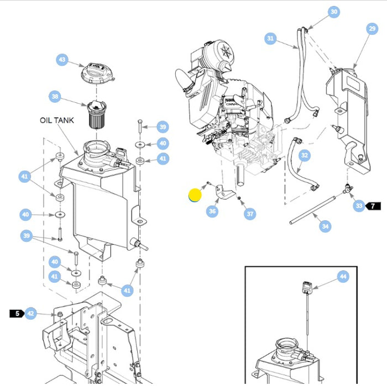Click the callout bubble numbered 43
62,60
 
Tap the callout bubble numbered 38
54,96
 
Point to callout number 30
333,12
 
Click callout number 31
270,39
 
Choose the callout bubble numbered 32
305,156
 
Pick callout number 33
359,206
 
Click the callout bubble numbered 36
212,211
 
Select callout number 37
250,214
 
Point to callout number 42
30,314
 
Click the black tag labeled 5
17,314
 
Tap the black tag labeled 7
373,206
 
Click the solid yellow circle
195,195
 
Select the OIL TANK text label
56,120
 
